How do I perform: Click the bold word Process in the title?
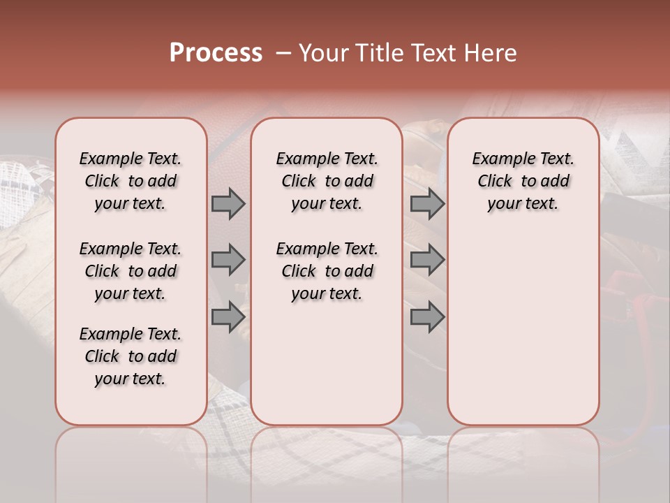click(215, 53)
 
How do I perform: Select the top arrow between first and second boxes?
click(228, 204)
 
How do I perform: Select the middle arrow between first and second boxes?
click(228, 260)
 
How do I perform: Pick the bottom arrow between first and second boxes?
click(228, 317)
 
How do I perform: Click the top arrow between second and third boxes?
click(427, 204)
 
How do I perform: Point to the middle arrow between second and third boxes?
click(427, 260)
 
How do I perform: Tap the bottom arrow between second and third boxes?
click(427, 317)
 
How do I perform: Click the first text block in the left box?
click(131, 181)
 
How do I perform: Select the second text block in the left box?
click(131, 271)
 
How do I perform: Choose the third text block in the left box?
click(131, 356)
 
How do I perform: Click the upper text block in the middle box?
click(327, 181)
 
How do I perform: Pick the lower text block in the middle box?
click(327, 271)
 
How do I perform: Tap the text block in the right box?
click(523, 181)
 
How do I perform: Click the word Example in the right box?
click(498, 159)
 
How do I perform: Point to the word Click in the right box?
click(495, 182)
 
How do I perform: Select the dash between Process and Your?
click(283, 53)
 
